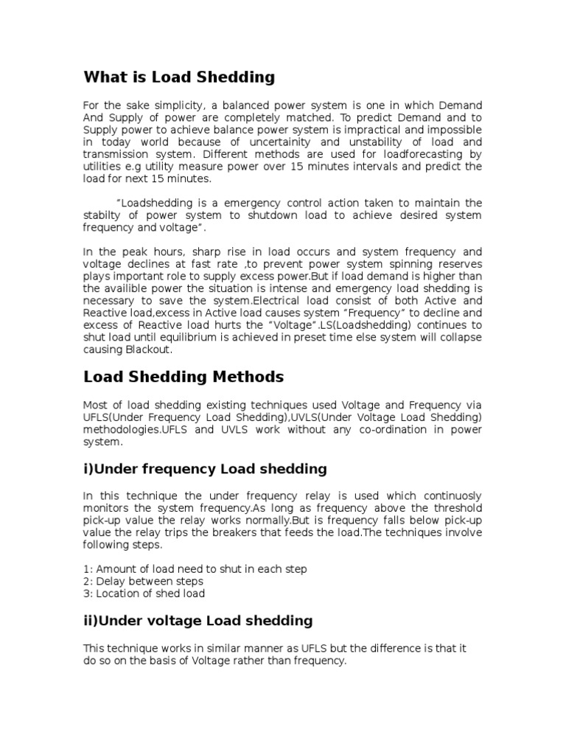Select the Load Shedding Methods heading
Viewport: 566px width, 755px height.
tap(183, 377)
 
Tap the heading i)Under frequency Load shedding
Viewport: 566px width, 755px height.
tap(205, 469)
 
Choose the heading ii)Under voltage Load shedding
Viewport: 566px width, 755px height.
tap(198, 620)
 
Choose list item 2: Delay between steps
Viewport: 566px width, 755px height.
tap(144, 581)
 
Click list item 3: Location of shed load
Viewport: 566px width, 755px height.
tap(144, 593)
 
